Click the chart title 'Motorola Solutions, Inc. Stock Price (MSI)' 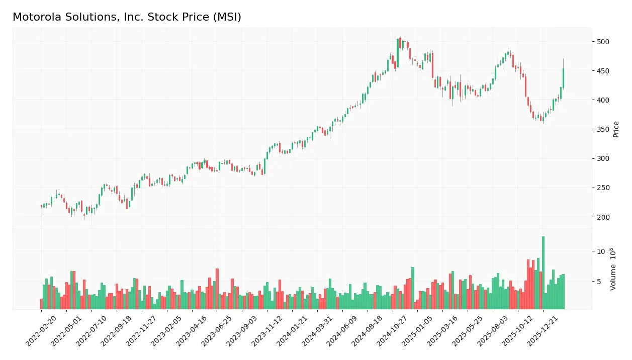[x=127, y=17]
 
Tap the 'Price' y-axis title [x=616, y=129]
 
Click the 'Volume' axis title [x=613, y=269]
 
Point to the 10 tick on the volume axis [x=600, y=251]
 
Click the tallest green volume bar [x=543, y=273]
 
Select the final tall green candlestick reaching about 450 [x=563, y=78]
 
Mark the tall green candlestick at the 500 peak [x=397, y=50]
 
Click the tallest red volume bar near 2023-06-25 [x=217, y=289]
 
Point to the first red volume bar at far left [x=42, y=304]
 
